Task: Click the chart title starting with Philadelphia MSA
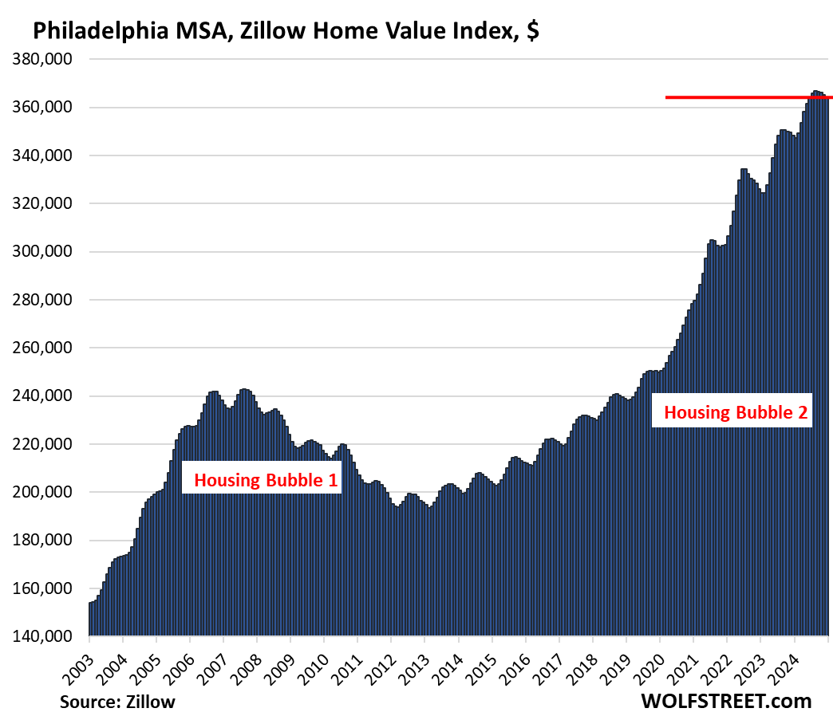(x=287, y=32)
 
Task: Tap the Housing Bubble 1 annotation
(x=261, y=480)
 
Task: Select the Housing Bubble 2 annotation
(x=736, y=413)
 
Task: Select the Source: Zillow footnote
(x=116, y=702)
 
